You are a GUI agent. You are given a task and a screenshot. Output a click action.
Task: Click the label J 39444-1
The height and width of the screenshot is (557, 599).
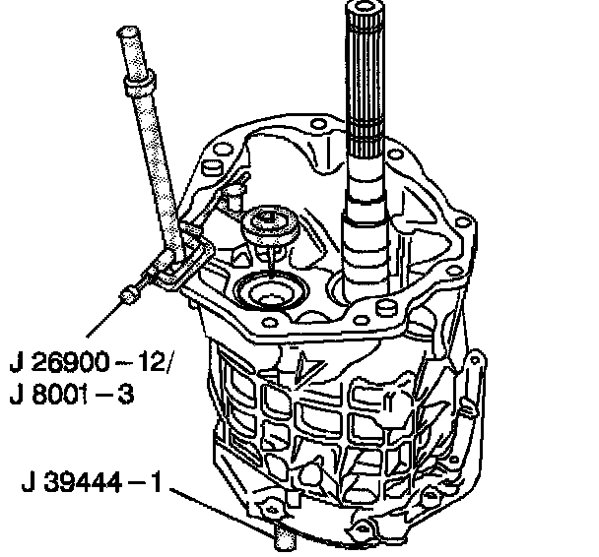(92, 481)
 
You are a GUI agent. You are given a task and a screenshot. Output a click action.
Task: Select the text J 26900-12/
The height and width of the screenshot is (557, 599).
(91, 362)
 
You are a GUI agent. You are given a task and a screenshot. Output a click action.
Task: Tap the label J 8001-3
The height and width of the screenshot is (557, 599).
(72, 394)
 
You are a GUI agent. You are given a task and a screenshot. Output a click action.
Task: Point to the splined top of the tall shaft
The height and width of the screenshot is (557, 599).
(366, 77)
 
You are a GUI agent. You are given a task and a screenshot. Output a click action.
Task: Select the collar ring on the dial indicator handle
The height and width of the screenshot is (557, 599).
(140, 82)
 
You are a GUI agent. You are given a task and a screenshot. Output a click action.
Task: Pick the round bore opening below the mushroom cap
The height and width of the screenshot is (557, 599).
(272, 290)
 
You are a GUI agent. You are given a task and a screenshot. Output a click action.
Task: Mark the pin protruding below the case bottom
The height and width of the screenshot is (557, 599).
(285, 536)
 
